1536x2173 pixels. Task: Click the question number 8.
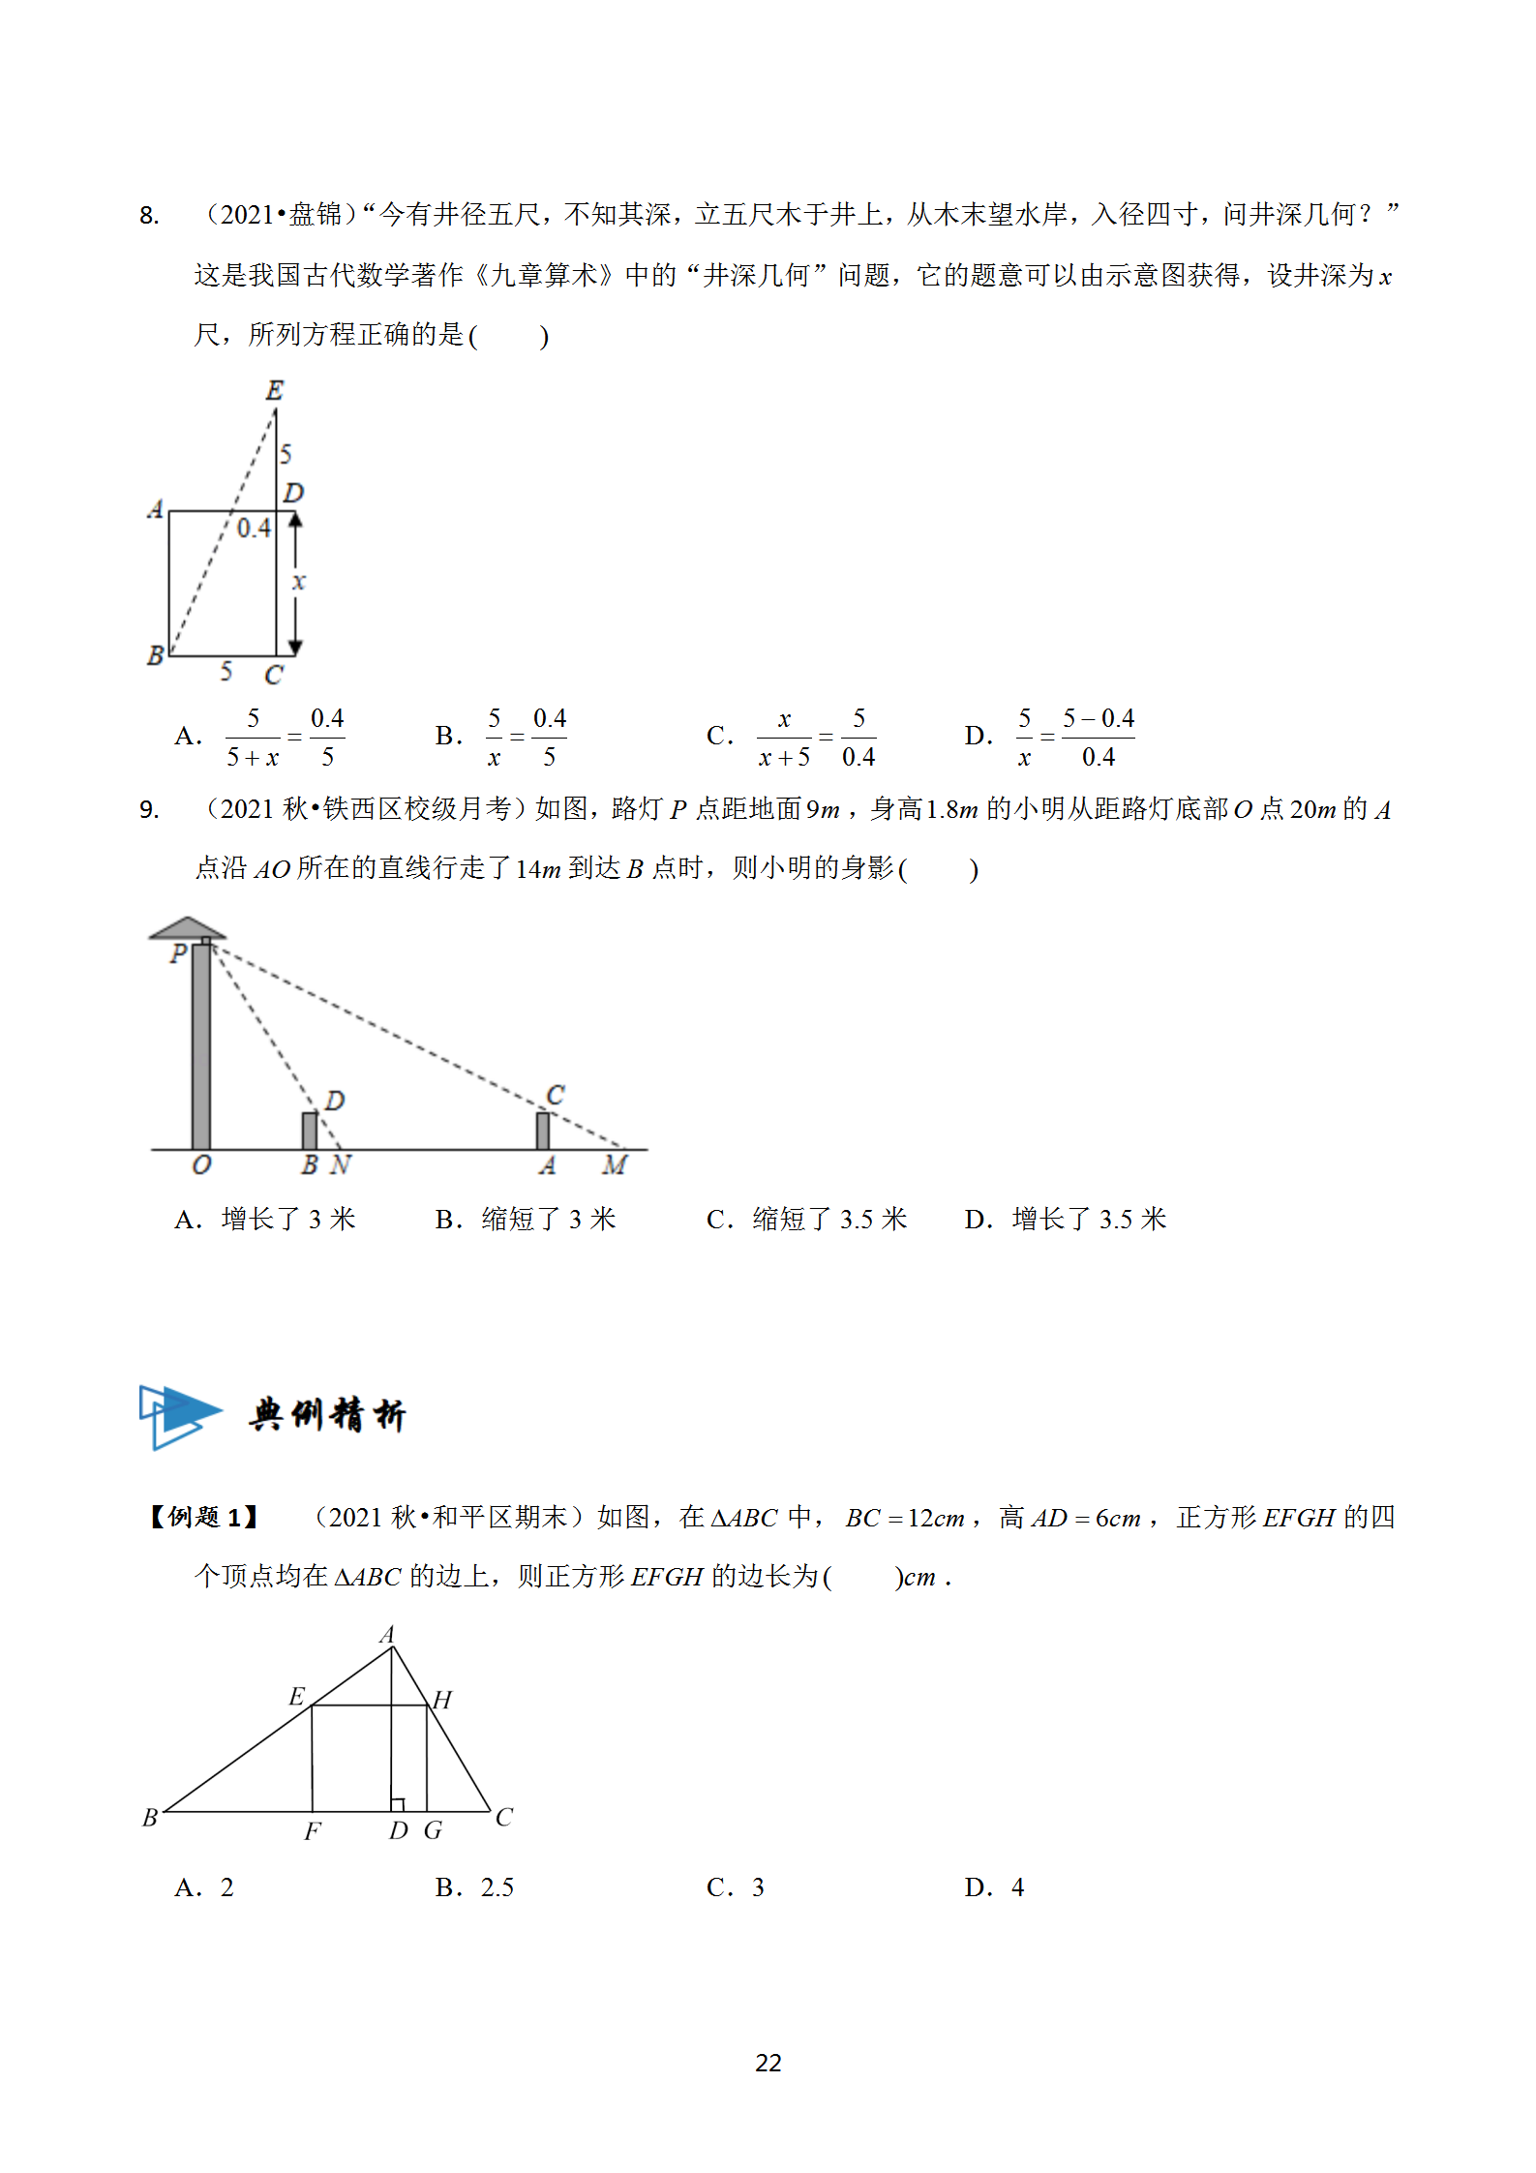click(x=149, y=215)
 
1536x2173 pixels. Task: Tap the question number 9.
click(x=149, y=809)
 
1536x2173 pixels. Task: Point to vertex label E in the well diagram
click(x=275, y=390)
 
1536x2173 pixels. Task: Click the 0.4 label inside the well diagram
click(x=254, y=528)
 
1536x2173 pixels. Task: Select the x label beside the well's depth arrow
click(x=299, y=582)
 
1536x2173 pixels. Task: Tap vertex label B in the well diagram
click(x=155, y=656)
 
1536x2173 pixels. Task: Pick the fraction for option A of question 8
click(x=286, y=738)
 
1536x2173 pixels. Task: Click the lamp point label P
click(x=178, y=954)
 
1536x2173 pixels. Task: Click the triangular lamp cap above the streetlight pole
click(x=188, y=928)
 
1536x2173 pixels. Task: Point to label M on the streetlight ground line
click(x=615, y=1165)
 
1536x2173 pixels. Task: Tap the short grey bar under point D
click(x=310, y=1131)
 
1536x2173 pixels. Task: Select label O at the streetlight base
click(x=201, y=1165)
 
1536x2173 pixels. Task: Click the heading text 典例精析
click(x=327, y=1415)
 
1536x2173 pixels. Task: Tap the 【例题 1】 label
click(x=202, y=1517)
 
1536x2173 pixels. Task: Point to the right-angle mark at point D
click(x=397, y=1804)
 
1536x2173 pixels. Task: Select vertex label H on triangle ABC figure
click(x=442, y=1700)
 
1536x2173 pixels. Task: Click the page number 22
click(x=768, y=2063)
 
